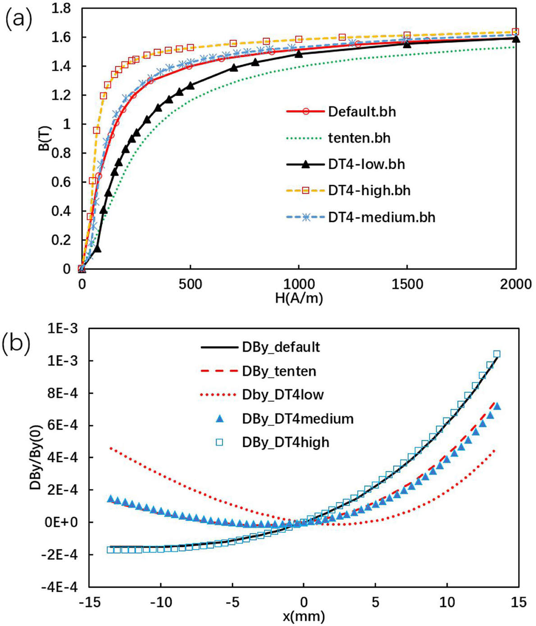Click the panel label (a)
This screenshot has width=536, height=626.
coord(18,21)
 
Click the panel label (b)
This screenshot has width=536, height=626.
coord(17,345)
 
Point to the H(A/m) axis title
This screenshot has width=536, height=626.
coord(299,298)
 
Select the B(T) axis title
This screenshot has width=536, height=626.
coord(45,138)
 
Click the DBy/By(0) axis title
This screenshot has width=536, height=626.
coord(36,457)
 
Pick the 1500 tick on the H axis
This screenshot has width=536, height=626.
coord(407,285)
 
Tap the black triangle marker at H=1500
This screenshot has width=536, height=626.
coord(407,44)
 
